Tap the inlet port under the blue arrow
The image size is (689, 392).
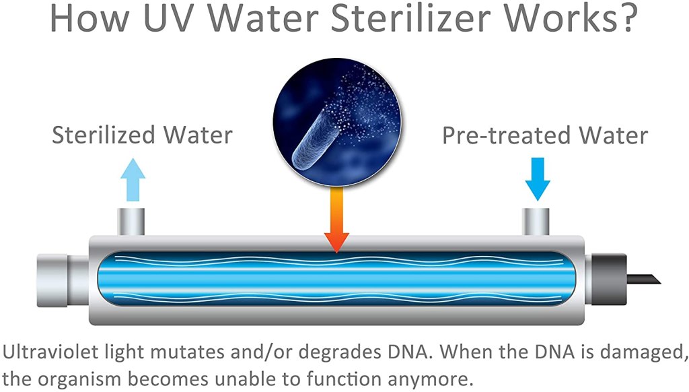pyautogui.click(x=536, y=220)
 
